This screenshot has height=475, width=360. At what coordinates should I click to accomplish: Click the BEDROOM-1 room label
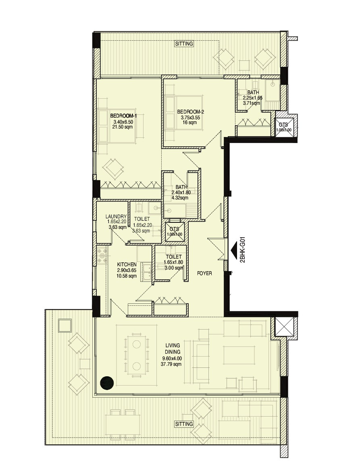pos(123,116)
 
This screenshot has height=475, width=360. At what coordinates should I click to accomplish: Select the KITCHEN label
pos(127,264)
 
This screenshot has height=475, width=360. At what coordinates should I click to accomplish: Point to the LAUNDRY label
pos(116,217)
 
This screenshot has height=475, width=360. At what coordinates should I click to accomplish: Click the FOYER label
pos(204,273)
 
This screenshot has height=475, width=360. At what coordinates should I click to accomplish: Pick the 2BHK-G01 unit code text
pos(242,250)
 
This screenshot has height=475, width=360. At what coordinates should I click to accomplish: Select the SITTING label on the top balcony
pos(184,44)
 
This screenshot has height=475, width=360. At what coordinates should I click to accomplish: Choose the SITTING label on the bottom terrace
pos(184,424)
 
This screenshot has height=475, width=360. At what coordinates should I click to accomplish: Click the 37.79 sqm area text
pos(171,364)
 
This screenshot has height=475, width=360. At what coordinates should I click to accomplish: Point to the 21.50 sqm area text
pos(123,127)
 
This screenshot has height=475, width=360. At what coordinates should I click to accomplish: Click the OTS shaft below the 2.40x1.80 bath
pos(175,232)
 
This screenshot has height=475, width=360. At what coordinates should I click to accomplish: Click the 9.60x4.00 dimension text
pos(171,358)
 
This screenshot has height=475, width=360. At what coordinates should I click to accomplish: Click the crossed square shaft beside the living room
pos(284,327)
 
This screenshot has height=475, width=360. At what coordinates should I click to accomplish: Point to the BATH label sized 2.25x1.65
pos(253,92)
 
